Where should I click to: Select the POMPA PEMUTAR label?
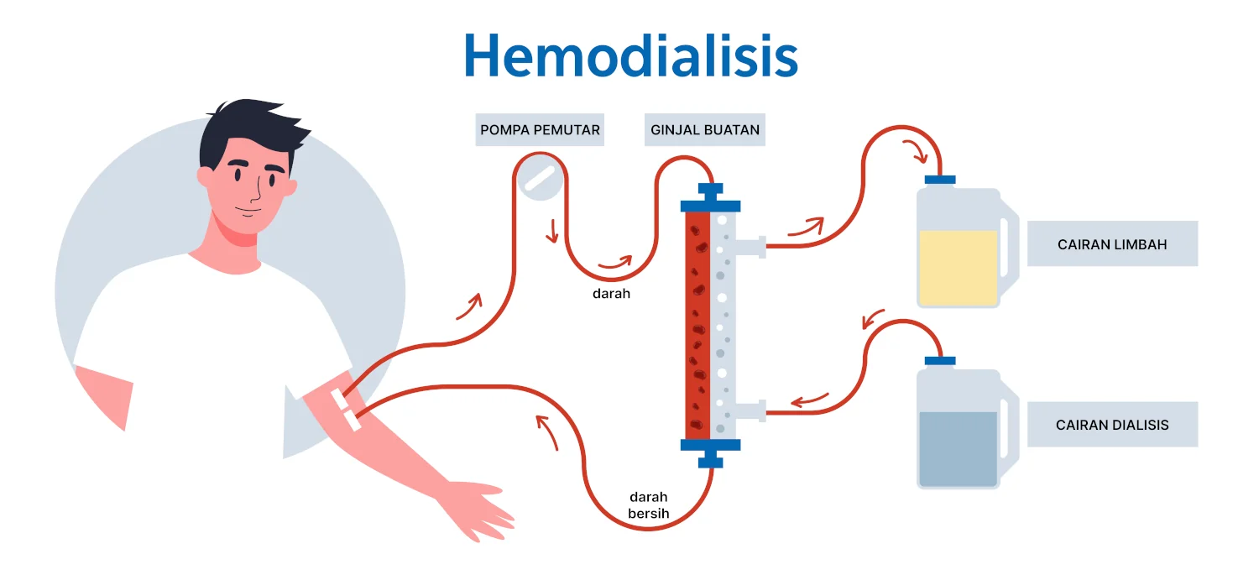[x=540, y=130]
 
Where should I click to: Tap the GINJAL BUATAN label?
[x=704, y=130]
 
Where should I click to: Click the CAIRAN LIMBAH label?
[x=1112, y=244]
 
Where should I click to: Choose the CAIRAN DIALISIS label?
[x=1112, y=425]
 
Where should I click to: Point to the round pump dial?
[x=540, y=179]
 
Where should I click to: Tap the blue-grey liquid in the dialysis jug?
[x=958, y=448]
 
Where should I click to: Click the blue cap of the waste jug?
[x=940, y=179]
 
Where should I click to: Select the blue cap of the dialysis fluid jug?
[x=940, y=360]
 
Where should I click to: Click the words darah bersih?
[x=649, y=505]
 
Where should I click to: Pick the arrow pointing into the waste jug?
[x=917, y=152]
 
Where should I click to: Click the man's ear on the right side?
[x=290, y=186]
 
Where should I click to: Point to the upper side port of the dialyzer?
[x=752, y=246]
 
